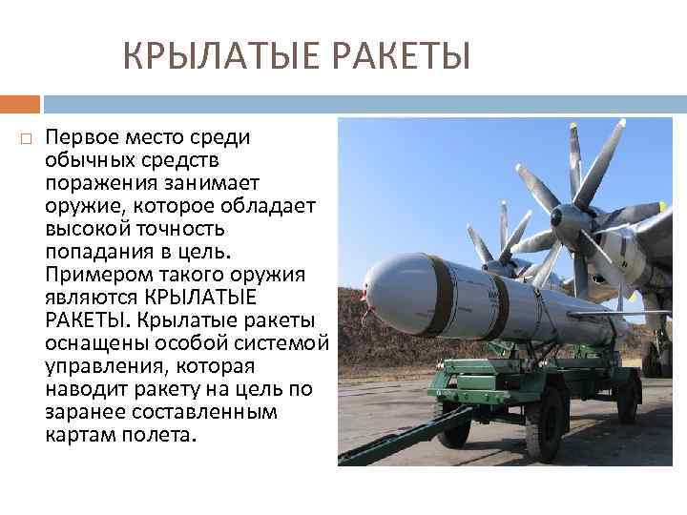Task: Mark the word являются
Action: (94, 298)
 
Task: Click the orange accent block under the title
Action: (20, 103)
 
